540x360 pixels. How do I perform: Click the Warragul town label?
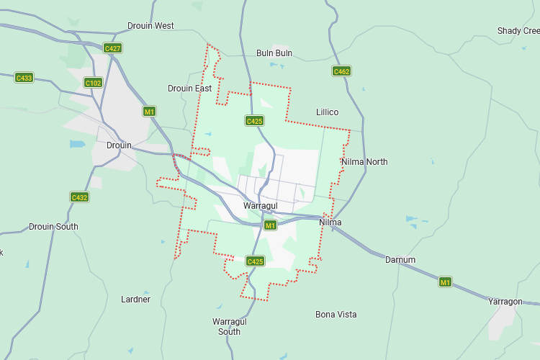pyautogui.click(x=260, y=206)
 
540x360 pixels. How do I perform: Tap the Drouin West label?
pyautogui.click(x=150, y=26)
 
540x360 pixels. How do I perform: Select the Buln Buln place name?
pyautogui.click(x=274, y=53)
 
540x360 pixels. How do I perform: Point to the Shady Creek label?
pyautogui.click(x=518, y=31)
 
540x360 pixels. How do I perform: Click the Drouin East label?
pyautogui.click(x=189, y=89)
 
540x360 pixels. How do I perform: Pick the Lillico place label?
pyautogui.click(x=327, y=112)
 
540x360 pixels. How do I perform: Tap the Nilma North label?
pyautogui.click(x=364, y=162)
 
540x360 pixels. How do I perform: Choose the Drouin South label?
pyautogui.click(x=53, y=227)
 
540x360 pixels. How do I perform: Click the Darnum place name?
pyautogui.click(x=400, y=260)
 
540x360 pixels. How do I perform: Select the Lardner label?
pyautogui.click(x=135, y=300)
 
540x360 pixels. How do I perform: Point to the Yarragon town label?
pyautogui.click(x=505, y=302)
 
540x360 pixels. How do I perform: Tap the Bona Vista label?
pyautogui.click(x=336, y=315)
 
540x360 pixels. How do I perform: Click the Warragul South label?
pyautogui.click(x=229, y=326)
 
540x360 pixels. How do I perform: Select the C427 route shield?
pyautogui.click(x=112, y=48)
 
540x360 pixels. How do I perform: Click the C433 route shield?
pyautogui.click(x=24, y=78)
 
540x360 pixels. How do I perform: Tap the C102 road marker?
pyautogui.click(x=93, y=83)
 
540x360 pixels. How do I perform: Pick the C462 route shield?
pyautogui.click(x=341, y=71)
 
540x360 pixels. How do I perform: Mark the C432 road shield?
pyautogui.click(x=79, y=197)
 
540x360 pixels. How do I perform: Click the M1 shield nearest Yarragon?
pyautogui.click(x=446, y=282)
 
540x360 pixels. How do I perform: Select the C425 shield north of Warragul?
pyautogui.click(x=254, y=121)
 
